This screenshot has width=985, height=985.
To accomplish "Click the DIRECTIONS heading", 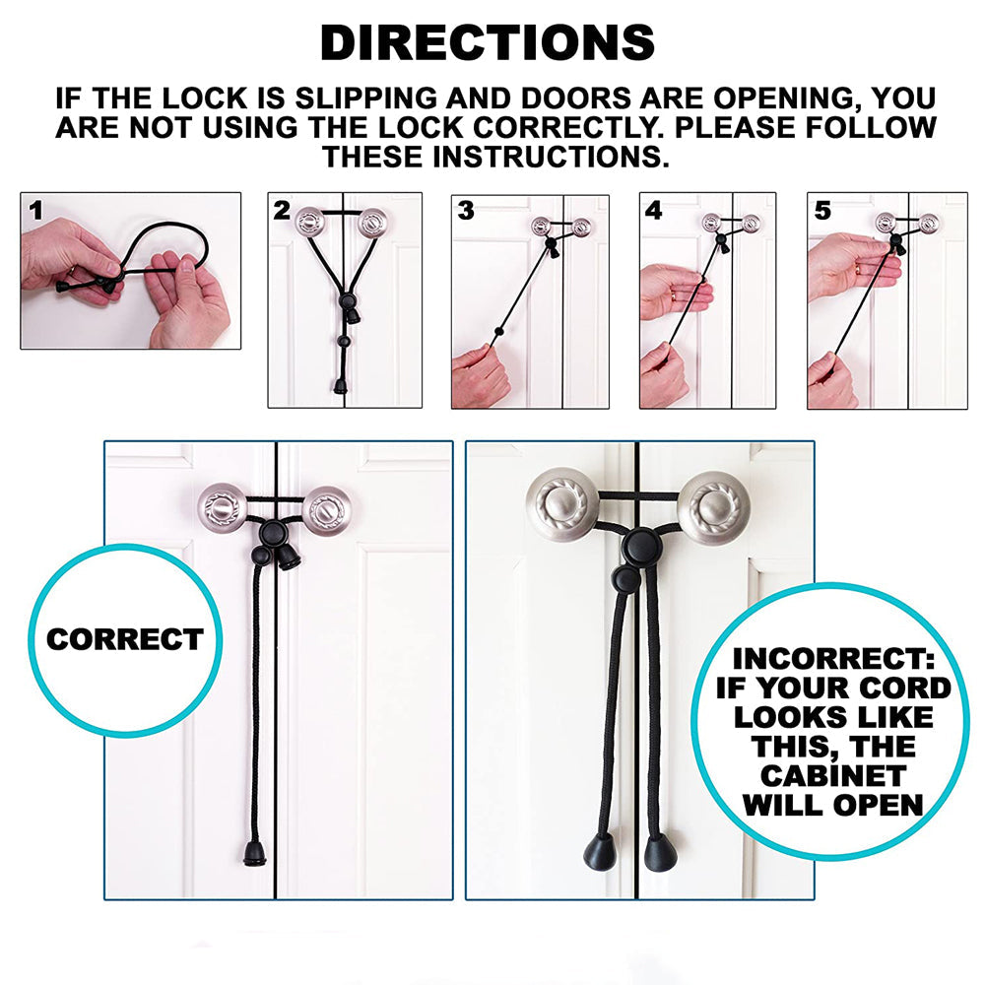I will pyautogui.click(x=488, y=42).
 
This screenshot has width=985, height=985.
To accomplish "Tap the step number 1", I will pyautogui.click(x=36, y=210).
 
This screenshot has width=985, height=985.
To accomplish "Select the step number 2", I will pyautogui.click(x=283, y=210).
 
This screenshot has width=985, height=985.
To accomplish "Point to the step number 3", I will pyautogui.click(x=466, y=210).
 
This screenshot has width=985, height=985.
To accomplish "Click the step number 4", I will pyautogui.click(x=653, y=210).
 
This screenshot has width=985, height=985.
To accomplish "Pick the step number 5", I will pyautogui.click(x=822, y=210).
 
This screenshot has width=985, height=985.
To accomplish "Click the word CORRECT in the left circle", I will pyautogui.click(x=124, y=639).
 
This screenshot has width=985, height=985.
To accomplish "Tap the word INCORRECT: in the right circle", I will pyautogui.click(x=833, y=659).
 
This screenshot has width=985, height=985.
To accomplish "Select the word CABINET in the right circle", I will pyautogui.click(x=833, y=776).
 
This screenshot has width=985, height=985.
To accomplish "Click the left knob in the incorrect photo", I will pyautogui.click(x=563, y=502).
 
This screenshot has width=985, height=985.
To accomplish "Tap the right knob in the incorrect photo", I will pyautogui.click(x=715, y=505).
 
